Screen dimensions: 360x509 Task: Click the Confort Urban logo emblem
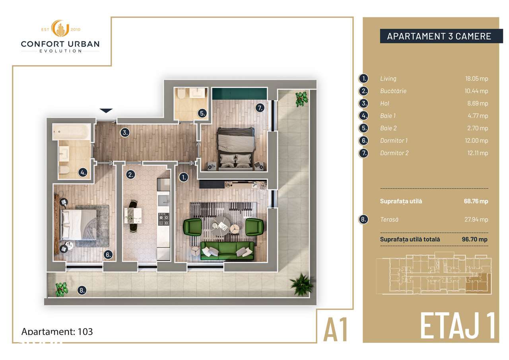(60, 29)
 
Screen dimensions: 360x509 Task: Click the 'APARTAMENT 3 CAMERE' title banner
(439, 36)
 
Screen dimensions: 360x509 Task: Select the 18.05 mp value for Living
(476, 79)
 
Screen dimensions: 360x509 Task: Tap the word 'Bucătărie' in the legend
(393, 91)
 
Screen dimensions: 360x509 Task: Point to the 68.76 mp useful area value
(476, 201)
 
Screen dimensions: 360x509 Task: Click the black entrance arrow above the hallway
(106, 111)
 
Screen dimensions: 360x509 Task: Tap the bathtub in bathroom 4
(72, 130)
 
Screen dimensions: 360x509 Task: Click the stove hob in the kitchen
(164, 218)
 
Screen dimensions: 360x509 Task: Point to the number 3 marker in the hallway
(125, 133)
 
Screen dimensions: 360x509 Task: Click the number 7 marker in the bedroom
(260, 107)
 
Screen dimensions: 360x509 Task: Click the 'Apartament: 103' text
(57, 331)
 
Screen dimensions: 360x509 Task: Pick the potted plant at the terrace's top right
(301, 98)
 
